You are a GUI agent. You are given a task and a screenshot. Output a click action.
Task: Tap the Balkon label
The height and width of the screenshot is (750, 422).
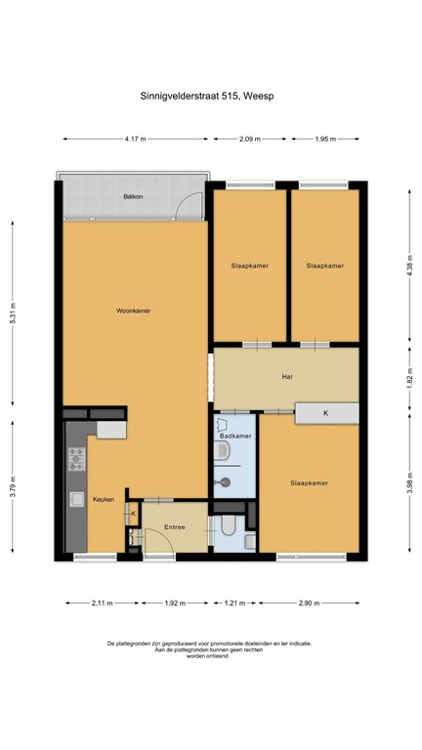coord(133,196)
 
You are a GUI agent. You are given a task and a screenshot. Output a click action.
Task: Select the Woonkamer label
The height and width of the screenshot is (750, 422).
coord(133,311)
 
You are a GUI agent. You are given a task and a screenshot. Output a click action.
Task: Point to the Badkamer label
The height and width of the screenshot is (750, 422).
coord(236,436)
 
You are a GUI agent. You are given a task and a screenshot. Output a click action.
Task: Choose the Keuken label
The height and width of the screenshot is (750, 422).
coord(104,499)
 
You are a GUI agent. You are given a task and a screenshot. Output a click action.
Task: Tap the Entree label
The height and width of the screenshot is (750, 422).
coord(175,527)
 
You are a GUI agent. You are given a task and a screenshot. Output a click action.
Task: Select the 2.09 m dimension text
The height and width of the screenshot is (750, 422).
coord(250,140)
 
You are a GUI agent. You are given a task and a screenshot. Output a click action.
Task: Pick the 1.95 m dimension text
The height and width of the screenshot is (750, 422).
coord(325,140)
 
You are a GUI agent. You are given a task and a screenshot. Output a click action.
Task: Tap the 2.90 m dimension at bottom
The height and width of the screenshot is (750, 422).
coord(310,603)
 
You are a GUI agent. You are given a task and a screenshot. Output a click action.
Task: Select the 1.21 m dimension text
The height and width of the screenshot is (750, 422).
coord(234,603)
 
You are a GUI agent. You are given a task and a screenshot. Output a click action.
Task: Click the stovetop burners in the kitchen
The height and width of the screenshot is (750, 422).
coord(76,458)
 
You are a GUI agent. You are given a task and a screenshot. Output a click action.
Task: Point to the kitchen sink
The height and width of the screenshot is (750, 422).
coord(75,499)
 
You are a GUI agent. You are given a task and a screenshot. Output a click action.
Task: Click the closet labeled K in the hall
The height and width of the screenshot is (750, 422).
coord(325,414)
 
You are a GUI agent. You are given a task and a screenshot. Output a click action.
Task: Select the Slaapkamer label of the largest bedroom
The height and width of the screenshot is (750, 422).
coord(309,482)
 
